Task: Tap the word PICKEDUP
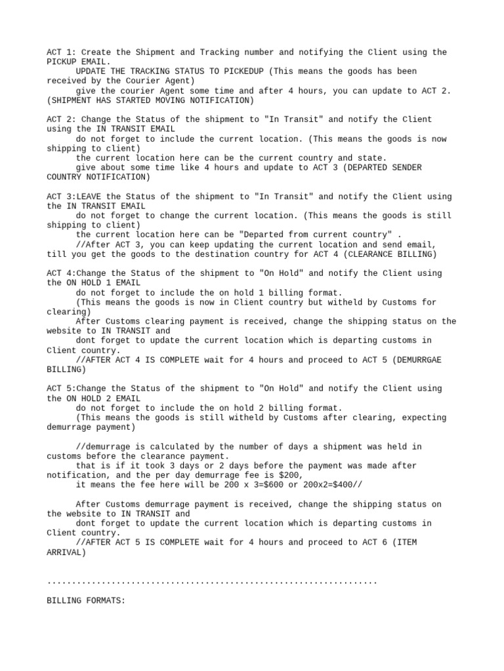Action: (245, 71)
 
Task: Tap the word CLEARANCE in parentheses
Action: (371, 254)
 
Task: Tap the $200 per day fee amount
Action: (291, 475)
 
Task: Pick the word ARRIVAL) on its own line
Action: (66, 552)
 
